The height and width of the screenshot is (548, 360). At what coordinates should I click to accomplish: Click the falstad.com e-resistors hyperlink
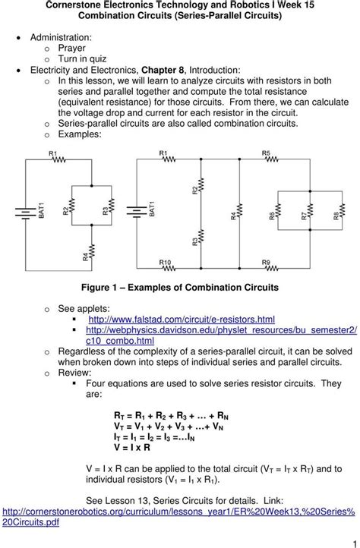(x=182, y=320)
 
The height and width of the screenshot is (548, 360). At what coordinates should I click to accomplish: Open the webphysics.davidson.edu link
(x=222, y=335)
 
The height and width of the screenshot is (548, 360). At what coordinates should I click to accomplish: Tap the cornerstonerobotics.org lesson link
(x=178, y=517)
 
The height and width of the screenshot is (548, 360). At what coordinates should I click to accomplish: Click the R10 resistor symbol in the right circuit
(x=169, y=269)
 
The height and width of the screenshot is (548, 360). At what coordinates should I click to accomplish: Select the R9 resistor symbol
(x=272, y=269)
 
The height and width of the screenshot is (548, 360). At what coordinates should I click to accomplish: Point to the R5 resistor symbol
(x=272, y=159)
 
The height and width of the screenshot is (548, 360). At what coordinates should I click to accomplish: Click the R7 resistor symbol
(x=311, y=210)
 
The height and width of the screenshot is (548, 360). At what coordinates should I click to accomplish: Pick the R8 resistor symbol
(x=343, y=210)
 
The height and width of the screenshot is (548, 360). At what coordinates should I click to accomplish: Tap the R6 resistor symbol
(x=278, y=210)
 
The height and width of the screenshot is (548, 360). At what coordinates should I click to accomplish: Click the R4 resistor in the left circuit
(x=92, y=252)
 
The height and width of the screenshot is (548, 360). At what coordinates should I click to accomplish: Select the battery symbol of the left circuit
(x=26, y=213)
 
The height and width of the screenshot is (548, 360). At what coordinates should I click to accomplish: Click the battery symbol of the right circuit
(x=137, y=212)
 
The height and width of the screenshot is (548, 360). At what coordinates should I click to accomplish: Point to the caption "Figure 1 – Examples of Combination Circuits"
(x=180, y=288)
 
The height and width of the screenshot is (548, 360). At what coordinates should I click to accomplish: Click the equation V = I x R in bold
(x=132, y=447)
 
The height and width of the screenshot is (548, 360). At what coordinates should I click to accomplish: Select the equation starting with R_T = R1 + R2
(x=171, y=416)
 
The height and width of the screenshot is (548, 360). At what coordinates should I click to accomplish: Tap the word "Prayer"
(x=71, y=49)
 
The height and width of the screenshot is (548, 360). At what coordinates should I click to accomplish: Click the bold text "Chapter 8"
(x=163, y=70)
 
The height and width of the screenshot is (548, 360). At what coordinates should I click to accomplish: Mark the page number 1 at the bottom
(x=355, y=544)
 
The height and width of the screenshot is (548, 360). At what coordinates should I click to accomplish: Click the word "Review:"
(x=74, y=373)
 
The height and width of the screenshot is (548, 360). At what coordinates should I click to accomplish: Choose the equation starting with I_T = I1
(x=154, y=437)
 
